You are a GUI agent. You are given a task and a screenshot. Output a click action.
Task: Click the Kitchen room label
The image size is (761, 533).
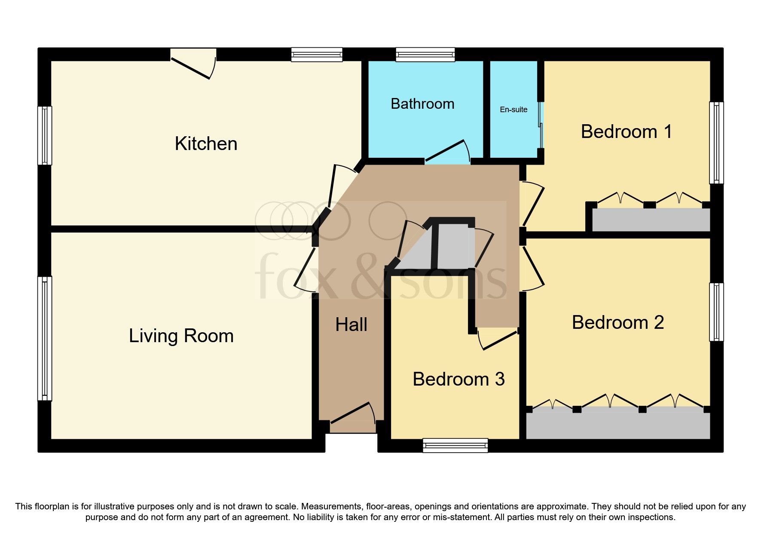click(x=206, y=144)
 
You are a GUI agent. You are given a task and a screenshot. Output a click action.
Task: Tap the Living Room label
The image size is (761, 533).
click(x=181, y=336)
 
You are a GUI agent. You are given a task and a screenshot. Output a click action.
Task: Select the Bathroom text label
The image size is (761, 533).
click(x=422, y=104)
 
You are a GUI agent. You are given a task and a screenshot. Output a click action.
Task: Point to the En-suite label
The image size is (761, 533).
click(x=513, y=110)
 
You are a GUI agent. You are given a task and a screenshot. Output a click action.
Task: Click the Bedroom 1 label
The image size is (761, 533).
click(x=626, y=132)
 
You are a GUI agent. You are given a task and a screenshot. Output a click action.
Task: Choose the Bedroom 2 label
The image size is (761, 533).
click(x=617, y=322)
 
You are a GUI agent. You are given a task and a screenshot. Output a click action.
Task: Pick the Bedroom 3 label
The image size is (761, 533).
click(x=458, y=379)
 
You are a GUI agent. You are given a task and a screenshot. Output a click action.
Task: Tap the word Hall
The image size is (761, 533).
click(x=351, y=325)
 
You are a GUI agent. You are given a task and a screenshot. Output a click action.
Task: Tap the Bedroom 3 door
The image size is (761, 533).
click(x=498, y=340)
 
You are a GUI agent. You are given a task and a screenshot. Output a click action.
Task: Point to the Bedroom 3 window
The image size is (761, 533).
click(x=455, y=445)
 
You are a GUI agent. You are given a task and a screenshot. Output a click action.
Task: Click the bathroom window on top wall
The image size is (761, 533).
click(x=425, y=55)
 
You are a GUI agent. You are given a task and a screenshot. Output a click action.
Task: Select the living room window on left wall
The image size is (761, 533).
click(x=45, y=338)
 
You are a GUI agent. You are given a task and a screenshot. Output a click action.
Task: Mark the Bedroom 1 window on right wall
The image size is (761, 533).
click(x=716, y=143)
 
